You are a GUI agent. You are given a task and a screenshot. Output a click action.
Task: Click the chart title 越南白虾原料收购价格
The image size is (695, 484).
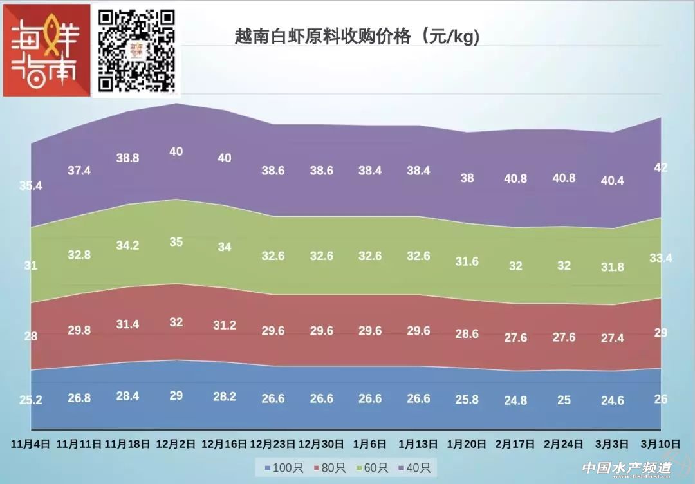(358, 37)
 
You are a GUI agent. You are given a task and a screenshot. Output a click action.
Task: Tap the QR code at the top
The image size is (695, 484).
(136, 50)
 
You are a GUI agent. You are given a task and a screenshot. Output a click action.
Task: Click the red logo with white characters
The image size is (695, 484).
(46, 50)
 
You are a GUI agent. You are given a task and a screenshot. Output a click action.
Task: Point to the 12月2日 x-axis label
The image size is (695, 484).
(176, 444)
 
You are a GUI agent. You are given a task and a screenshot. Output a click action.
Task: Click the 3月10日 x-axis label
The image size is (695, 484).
(660, 444)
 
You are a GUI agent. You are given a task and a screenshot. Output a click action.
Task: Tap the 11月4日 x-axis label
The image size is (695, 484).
(30, 444)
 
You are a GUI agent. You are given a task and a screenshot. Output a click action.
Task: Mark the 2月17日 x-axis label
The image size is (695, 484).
(515, 444)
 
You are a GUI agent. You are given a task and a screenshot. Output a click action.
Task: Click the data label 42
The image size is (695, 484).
(660, 168)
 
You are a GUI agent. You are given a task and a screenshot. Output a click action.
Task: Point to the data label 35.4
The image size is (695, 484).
(30, 186)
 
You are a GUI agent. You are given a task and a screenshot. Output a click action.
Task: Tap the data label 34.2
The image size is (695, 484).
(127, 245)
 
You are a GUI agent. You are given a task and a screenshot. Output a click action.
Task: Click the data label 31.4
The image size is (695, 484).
(127, 324)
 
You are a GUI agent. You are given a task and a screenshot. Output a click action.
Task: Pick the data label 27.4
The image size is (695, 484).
(612, 339)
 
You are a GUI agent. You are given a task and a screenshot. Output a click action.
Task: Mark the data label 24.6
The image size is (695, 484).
(612, 400)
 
